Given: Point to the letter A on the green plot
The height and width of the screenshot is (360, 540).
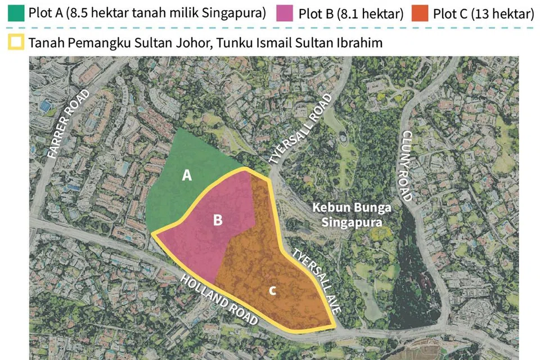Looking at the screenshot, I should [187, 175].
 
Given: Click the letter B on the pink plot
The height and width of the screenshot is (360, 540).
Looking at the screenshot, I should [218, 220].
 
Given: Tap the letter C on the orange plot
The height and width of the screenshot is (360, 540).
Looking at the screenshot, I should [272, 290].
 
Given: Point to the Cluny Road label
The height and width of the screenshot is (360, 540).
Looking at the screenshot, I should [407, 165].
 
